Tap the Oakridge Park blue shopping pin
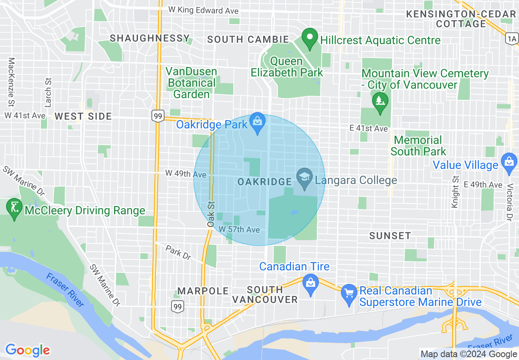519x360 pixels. (x=257, y=122)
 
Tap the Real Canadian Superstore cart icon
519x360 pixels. (x=349, y=294)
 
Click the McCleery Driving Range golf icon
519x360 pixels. (x=15, y=209)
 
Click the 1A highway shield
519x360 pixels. (x=512, y=39)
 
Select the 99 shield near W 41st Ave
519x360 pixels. (x=158, y=116)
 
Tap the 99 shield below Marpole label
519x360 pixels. (x=177, y=306)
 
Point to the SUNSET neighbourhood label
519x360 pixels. (x=390, y=236)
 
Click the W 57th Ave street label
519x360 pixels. (x=239, y=230)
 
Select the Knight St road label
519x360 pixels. (x=455, y=191)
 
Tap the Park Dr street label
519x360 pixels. (x=178, y=252)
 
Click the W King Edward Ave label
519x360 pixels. (x=203, y=10)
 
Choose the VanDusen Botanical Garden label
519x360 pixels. (x=191, y=83)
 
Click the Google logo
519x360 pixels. (x=27, y=350)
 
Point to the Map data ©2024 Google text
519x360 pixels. (x=469, y=354)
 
